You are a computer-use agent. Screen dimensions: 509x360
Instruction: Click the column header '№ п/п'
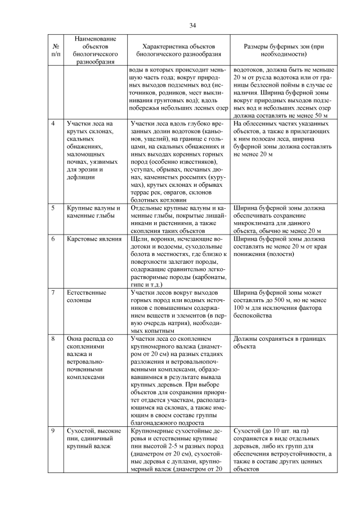pyautogui.click(x=56, y=51)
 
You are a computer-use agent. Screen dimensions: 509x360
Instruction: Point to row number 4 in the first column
pyautogui.click(x=53, y=123)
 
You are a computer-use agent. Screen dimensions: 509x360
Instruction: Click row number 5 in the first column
pyautogui.click(x=53, y=208)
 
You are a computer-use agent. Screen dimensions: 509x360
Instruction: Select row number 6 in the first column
pyautogui.click(x=53, y=239)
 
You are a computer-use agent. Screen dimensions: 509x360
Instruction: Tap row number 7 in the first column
pyautogui.click(x=53, y=293)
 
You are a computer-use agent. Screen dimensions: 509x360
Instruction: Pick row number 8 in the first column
pyautogui.click(x=53, y=339)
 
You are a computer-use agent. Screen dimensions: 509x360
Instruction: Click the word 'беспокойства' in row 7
pyautogui.click(x=251, y=316)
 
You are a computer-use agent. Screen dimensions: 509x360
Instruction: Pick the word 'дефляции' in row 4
pyautogui.click(x=79, y=177)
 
